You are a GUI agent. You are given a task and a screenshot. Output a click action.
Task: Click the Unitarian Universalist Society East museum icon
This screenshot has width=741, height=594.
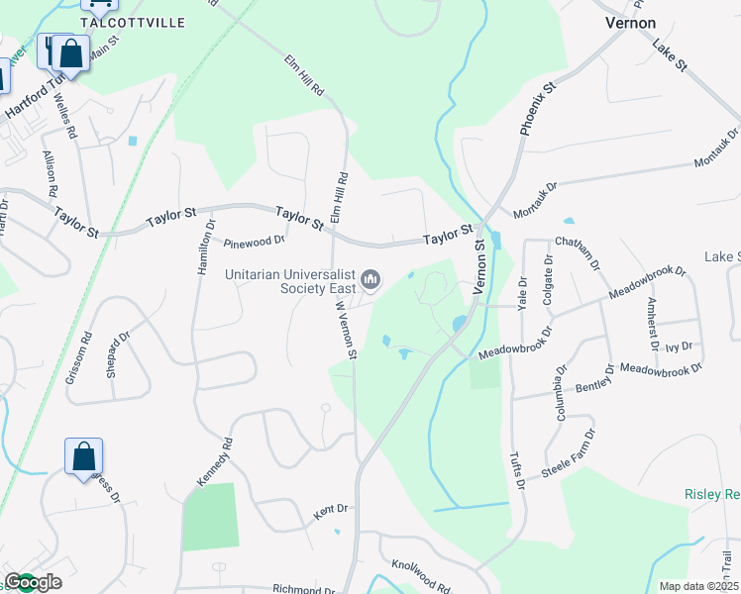(x=371, y=282)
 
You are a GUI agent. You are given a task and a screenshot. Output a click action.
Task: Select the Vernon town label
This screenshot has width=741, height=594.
(x=630, y=22)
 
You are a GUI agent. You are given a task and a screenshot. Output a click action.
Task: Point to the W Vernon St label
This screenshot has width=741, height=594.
(x=343, y=330)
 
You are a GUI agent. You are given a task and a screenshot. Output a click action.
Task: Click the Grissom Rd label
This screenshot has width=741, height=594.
(x=87, y=349)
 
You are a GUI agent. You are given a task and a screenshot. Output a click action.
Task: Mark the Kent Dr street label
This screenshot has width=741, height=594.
(x=331, y=511)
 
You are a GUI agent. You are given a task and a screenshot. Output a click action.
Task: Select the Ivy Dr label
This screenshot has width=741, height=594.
(x=679, y=346)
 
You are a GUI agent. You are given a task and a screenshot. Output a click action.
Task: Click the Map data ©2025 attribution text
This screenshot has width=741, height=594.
(x=697, y=586)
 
